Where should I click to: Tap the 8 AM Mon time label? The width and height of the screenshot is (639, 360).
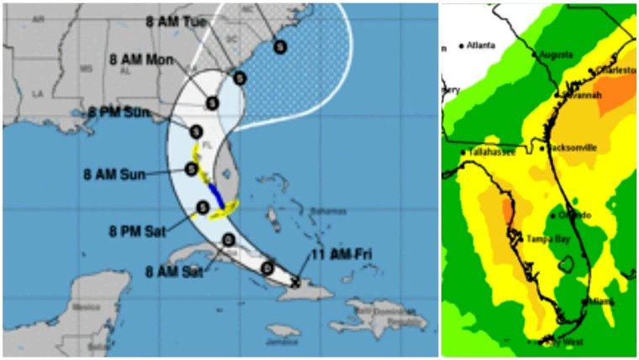(x=142, y=61)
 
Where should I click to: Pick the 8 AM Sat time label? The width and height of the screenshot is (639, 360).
(x=174, y=272)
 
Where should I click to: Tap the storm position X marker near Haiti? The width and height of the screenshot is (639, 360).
(x=295, y=283)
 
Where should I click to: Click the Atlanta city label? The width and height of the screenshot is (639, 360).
(x=481, y=45)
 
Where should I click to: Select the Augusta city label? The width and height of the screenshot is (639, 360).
(x=556, y=54)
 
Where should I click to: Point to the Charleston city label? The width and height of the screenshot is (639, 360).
(x=616, y=71)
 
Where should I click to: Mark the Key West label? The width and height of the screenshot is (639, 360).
(x=565, y=341)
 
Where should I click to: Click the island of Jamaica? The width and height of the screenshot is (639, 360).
(x=283, y=331)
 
